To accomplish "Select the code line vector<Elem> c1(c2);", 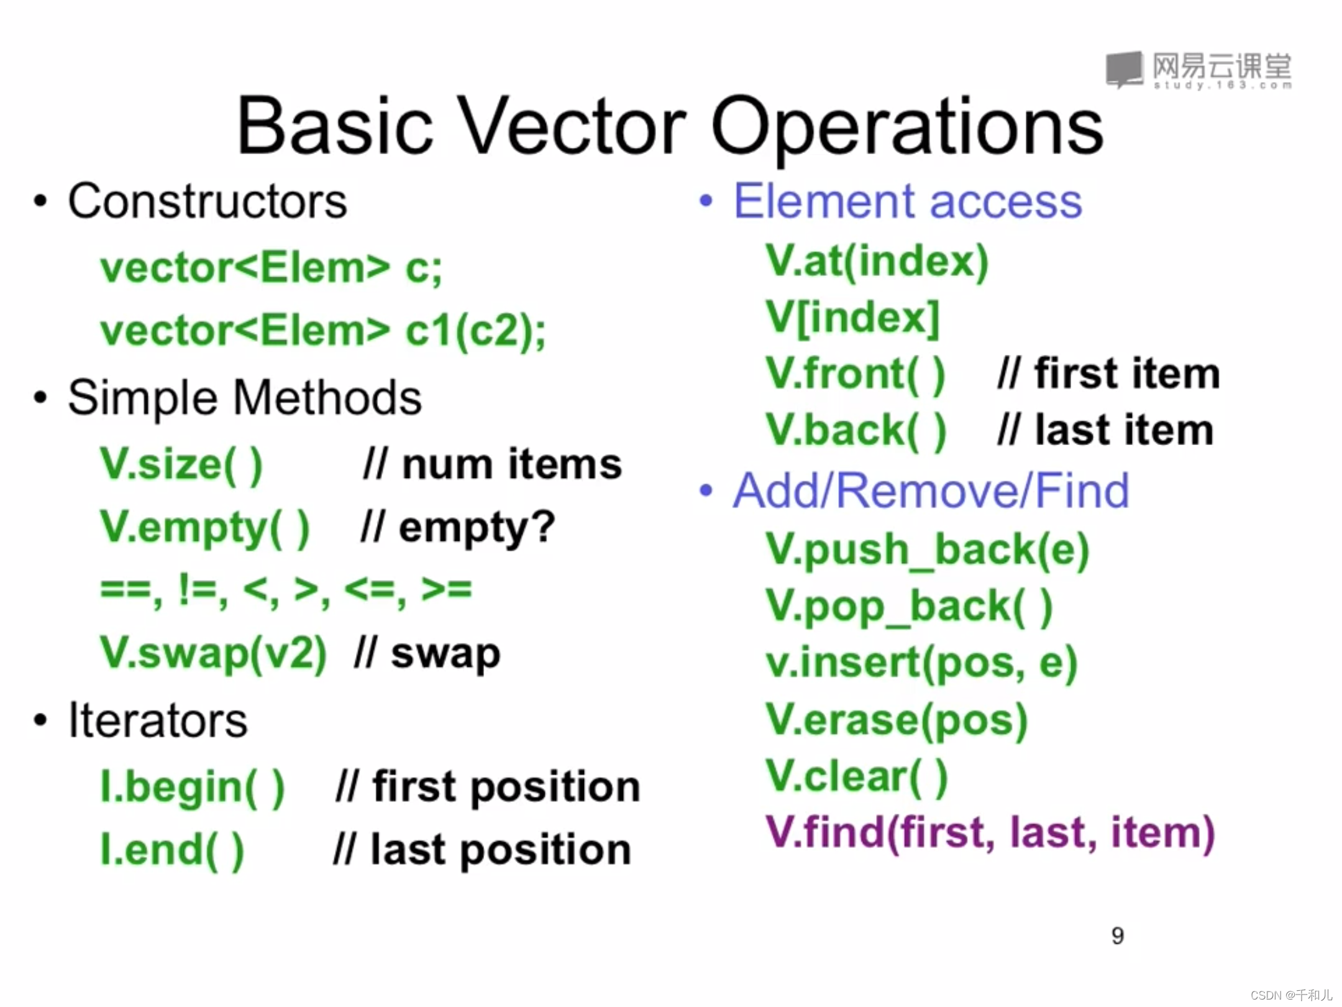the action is [323, 331].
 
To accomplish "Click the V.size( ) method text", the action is [181, 464].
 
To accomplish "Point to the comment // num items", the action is [492, 464].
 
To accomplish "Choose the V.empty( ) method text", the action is [204, 529].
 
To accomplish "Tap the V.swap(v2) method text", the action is [213, 653].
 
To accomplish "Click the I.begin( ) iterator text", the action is [192, 788].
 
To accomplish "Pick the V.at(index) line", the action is [877, 261].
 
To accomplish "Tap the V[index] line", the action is [852, 318].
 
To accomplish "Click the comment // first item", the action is [1108, 374].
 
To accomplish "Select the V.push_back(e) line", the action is [928, 550].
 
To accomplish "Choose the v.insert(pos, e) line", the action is [921, 663].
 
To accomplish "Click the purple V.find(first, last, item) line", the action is [990, 833].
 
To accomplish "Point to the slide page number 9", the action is [1118, 936].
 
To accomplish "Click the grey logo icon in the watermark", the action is [1125, 69].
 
